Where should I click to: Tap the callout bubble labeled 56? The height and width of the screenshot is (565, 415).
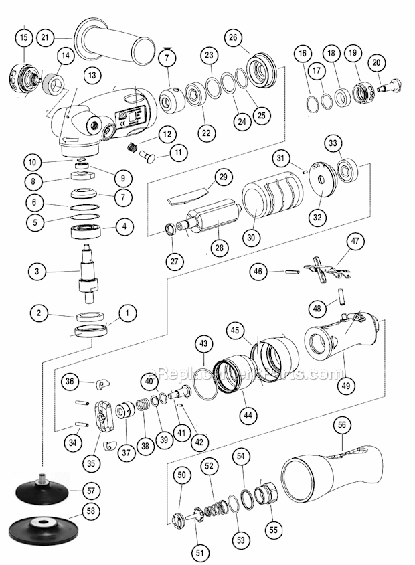click(x=342, y=425)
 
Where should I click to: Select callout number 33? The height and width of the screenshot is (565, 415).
click(x=333, y=143)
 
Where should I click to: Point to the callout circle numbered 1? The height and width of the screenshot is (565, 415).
click(x=124, y=312)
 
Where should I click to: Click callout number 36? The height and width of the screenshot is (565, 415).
click(x=70, y=381)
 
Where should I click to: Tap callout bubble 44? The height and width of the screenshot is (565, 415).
click(x=248, y=415)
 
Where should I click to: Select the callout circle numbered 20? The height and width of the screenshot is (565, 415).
click(x=377, y=62)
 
